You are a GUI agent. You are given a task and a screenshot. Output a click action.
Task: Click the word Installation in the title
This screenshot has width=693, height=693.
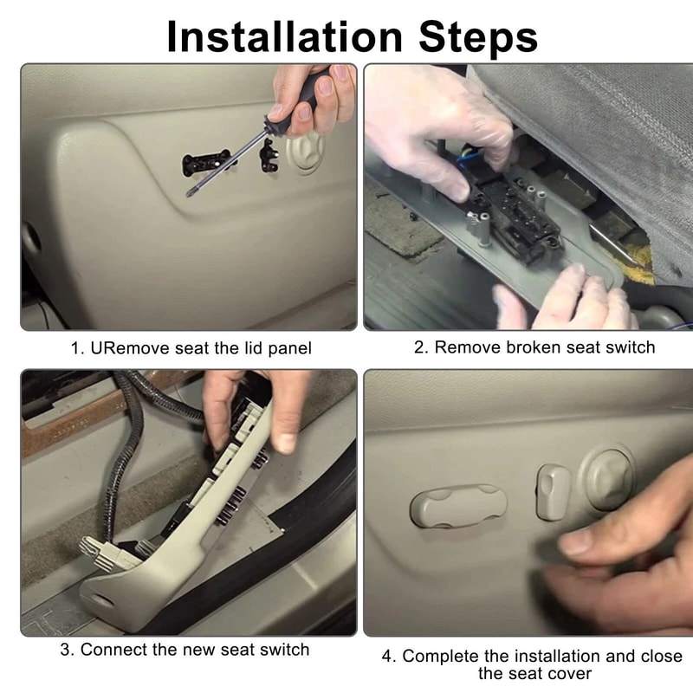point(285,36)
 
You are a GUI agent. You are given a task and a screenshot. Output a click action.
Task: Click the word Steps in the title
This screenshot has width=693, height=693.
point(478,39)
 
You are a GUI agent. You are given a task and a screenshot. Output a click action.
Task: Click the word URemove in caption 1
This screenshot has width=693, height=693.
point(126,348)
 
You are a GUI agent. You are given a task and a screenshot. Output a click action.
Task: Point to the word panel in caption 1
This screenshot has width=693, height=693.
point(289,349)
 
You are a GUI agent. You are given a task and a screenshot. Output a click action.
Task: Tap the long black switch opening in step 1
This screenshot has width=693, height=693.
point(206,162)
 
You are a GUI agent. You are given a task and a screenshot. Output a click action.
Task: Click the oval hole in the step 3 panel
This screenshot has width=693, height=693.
point(104,600)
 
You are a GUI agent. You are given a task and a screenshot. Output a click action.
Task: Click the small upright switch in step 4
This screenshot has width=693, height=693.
point(552,492)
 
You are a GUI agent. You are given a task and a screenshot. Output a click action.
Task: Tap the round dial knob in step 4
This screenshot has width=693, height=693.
point(608,479)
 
